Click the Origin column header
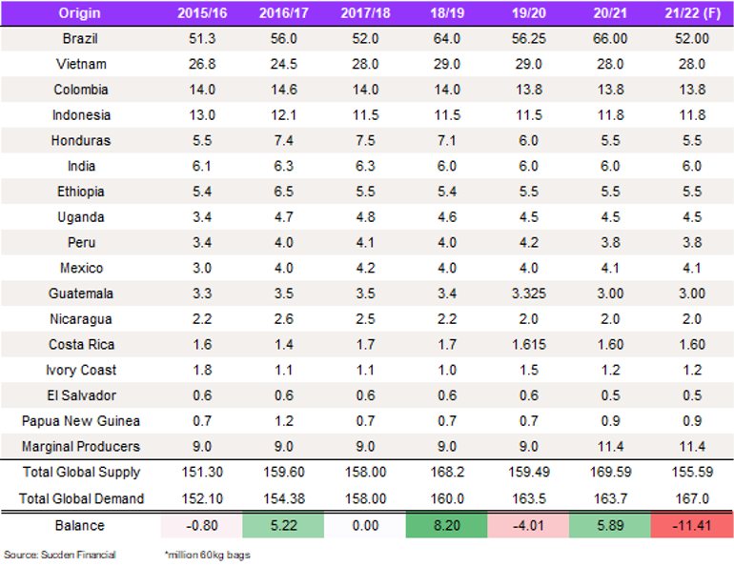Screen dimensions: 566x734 [80, 12]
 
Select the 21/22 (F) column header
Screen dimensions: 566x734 [691, 12]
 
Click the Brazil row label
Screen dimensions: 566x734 [80, 39]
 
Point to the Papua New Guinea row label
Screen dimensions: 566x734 [80, 420]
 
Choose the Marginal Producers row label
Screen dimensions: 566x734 [80, 446]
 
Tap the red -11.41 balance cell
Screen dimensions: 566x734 [691, 525]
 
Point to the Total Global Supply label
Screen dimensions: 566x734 [80, 472]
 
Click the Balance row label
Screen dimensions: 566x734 [80, 525]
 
